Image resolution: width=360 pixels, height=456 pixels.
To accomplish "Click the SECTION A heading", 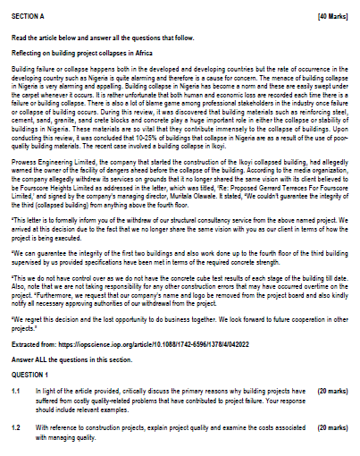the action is pyautogui.click(x=27, y=16).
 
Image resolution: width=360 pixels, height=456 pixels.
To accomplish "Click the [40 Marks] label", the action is pyautogui.click(x=333, y=16).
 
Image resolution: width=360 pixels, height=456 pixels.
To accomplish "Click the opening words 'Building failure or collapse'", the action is pyautogui.click(x=45, y=67).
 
